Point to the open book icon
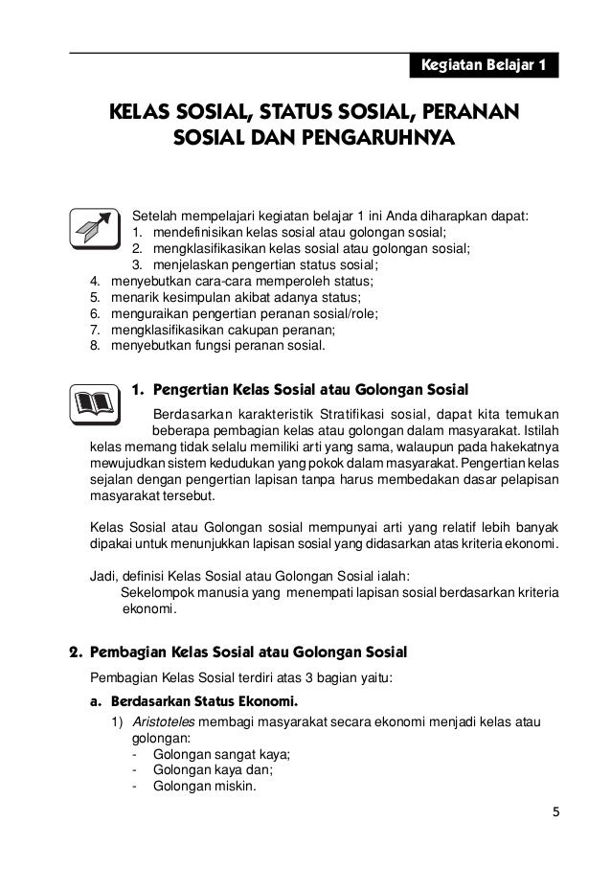point(94,402)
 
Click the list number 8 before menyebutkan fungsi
point(95,346)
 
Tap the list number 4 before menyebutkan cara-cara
point(95,281)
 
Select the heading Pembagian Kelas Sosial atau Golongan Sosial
point(248,652)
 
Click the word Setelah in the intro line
point(154,215)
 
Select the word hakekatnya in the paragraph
point(523,446)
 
